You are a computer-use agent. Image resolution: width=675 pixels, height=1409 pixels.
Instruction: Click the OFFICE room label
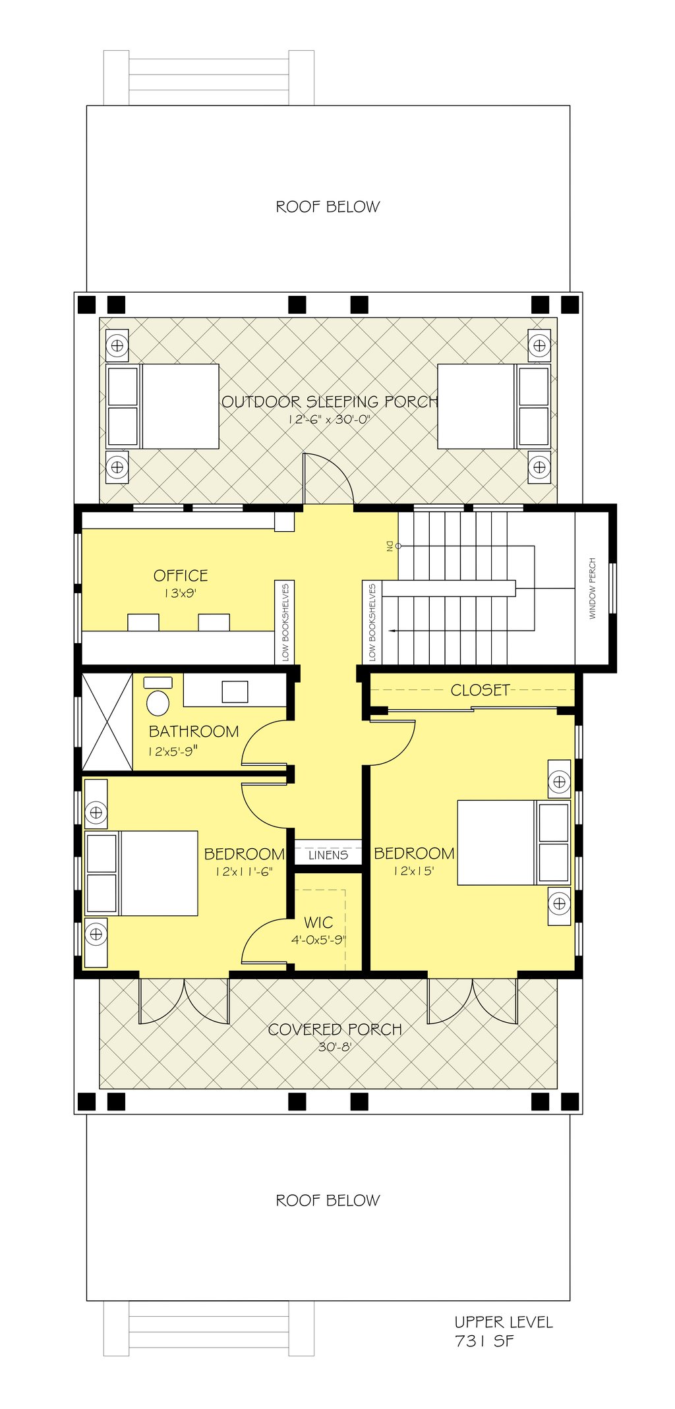181,575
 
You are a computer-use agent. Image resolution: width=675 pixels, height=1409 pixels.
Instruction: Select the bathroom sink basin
235,691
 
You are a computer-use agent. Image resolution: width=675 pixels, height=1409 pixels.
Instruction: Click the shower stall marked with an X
107,721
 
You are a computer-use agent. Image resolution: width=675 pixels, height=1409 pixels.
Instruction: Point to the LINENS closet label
328,855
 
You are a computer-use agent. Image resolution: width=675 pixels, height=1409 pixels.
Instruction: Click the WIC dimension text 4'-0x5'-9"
318,940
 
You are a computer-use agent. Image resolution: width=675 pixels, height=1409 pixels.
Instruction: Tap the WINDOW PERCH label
592,589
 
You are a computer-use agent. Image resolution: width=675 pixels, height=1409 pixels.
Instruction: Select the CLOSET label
480,690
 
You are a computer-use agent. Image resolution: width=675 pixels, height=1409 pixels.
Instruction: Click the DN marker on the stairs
390,546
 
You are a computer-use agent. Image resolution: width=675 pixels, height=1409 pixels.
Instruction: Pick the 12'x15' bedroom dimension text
414,871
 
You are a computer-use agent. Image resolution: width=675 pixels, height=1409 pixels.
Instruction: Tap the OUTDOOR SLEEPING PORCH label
329,401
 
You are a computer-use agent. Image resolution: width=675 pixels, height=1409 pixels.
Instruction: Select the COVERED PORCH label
335,1029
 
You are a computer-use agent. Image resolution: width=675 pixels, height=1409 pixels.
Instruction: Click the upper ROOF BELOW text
328,207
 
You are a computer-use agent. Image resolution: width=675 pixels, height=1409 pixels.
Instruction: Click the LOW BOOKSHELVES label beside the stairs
372,622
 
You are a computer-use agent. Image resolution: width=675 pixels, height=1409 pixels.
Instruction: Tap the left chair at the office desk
143,622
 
